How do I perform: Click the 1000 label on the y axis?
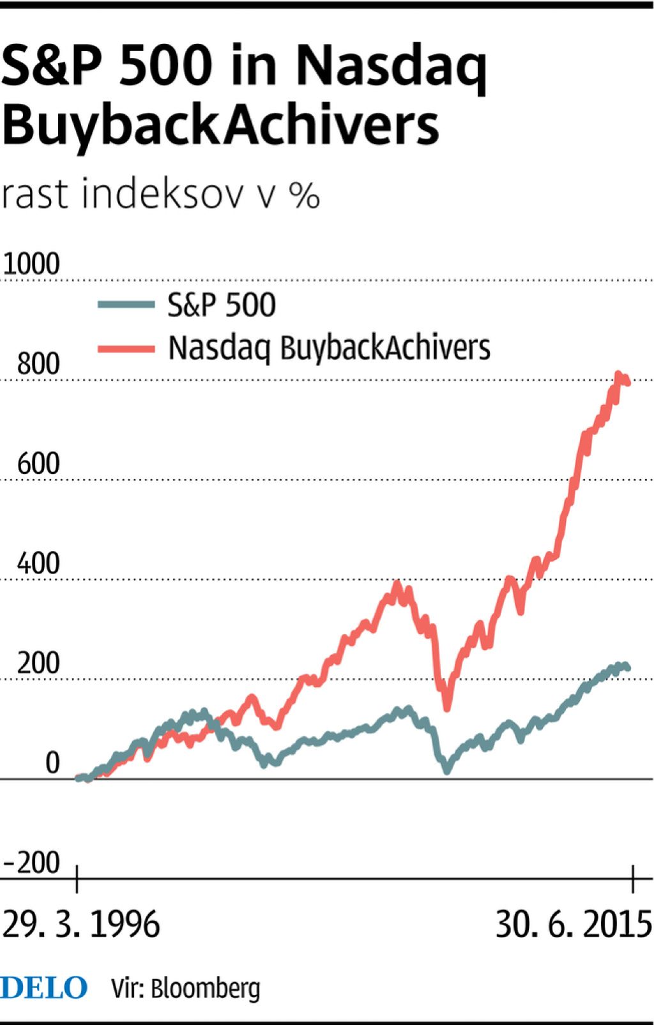pyautogui.click(x=31, y=264)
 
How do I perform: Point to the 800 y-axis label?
pyautogui.click(x=38, y=364)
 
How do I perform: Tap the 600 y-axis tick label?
pyautogui.click(x=38, y=464)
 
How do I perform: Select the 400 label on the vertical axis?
pyautogui.click(x=38, y=564)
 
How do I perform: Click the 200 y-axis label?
pyautogui.click(x=38, y=664)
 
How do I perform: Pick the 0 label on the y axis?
pyautogui.click(x=52, y=763)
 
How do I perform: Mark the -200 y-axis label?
pyautogui.click(x=32, y=863)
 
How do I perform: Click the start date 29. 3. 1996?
pyautogui.click(x=81, y=924)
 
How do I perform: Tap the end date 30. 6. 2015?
pyautogui.click(x=574, y=924)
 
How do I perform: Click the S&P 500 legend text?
pyautogui.click(x=222, y=305)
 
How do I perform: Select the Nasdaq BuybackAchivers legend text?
pyautogui.click(x=329, y=348)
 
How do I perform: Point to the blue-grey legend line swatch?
pyautogui.click(x=126, y=305)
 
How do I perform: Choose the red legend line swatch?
pyautogui.click(x=126, y=348)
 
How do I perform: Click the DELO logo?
pyautogui.click(x=43, y=987)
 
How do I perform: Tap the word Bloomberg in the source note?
pyautogui.click(x=206, y=989)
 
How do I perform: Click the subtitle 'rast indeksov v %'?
pyautogui.click(x=160, y=194)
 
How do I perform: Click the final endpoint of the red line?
pyautogui.click(x=628, y=383)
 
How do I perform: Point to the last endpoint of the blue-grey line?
pyautogui.click(x=628, y=667)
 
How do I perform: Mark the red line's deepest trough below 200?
pyautogui.click(x=446, y=708)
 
